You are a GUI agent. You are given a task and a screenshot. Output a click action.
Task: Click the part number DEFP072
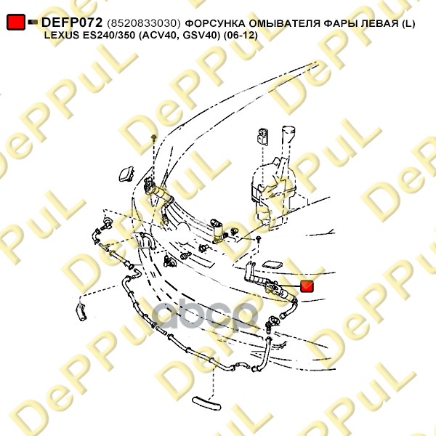click(72, 23)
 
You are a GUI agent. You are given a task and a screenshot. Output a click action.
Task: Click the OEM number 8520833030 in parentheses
click(144, 23)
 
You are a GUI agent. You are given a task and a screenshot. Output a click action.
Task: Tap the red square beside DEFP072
click(16, 22)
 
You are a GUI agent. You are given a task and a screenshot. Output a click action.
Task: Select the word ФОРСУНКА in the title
click(215, 24)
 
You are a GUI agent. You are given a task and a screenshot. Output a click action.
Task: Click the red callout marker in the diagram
click(307, 286)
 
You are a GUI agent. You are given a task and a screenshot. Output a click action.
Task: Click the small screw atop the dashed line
click(153, 137)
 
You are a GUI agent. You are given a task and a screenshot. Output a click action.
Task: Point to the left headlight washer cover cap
click(126, 174)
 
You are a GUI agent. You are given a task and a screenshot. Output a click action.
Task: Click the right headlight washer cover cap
click(272, 265)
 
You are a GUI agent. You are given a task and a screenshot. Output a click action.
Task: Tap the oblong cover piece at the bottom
click(206, 403)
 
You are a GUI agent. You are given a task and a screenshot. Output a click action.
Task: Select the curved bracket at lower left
click(81, 312)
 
